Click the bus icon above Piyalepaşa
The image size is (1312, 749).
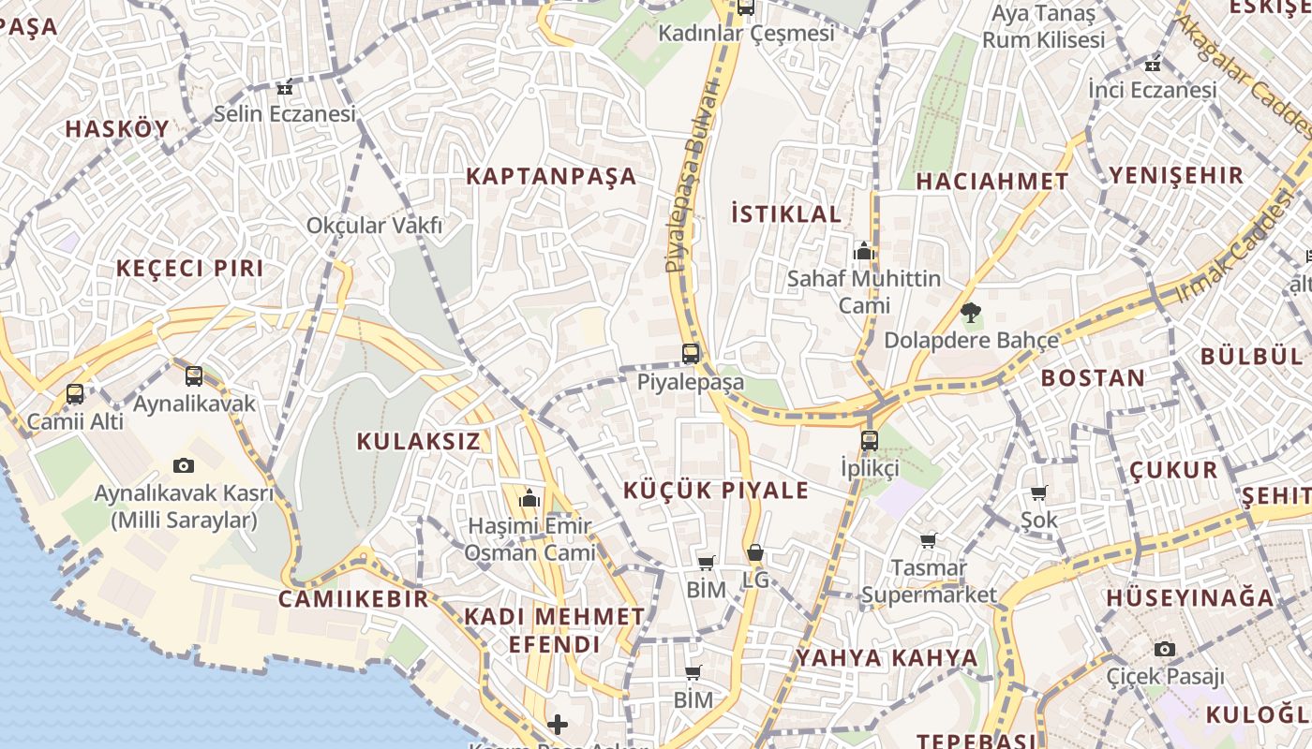tap(691, 354)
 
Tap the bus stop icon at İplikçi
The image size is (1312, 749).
tap(870, 440)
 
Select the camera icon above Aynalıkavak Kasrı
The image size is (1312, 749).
tap(184, 465)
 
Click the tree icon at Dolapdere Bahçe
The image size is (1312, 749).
tap(971, 313)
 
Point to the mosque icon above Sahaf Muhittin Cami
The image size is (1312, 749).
tap(863, 251)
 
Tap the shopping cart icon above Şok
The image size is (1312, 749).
tap(1038, 492)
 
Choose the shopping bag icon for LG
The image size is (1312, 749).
tap(754, 552)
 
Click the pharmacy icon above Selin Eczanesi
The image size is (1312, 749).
tap(285, 88)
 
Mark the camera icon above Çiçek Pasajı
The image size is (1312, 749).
tap(1165, 649)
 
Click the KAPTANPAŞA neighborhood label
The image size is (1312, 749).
tap(551, 176)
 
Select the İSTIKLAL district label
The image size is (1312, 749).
tap(786, 213)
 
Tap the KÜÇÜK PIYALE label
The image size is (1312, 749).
tap(716, 491)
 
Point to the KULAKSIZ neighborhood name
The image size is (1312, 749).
tap(418, 442)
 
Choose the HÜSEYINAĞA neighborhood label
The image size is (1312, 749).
tap(1190, 597)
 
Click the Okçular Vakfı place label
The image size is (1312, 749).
tap(374, 226)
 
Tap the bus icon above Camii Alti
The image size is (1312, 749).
tap(75, 394)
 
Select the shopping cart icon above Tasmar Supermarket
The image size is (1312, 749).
tap(928, 540)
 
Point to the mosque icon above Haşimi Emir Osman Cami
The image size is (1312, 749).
tap(529, 498)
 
